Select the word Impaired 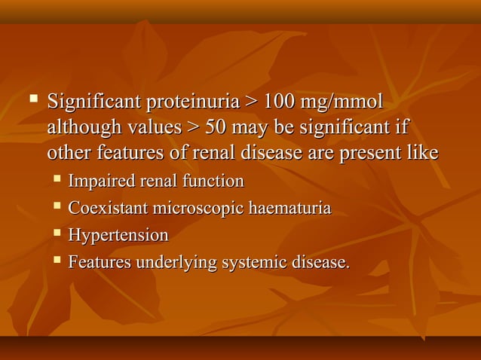tap(100, 182)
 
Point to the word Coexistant tap(106, 209)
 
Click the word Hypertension tap(118, 236)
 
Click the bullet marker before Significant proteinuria tap(33, 99)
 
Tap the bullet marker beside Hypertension tap(57, 233)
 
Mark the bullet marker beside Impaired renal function tap(57, 179)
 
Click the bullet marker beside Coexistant tap(57, 206)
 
